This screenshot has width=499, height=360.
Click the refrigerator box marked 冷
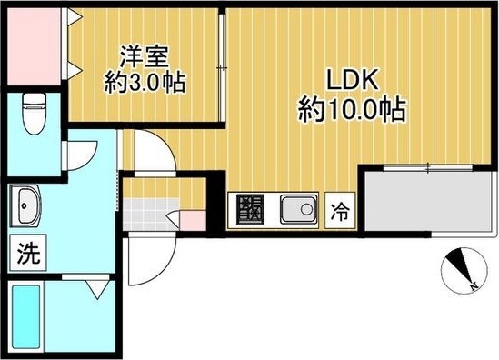339,212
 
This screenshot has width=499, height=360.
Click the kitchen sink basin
296,211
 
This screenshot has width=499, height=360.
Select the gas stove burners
248,211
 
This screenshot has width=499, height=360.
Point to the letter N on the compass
474,288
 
